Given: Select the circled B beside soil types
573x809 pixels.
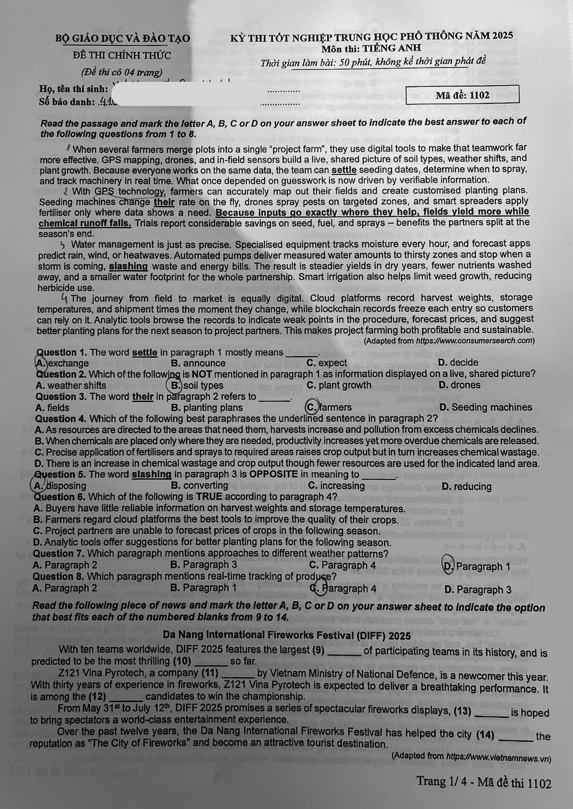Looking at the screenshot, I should [x=176, y=386].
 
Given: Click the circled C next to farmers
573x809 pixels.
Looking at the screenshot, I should [x=312, y=407].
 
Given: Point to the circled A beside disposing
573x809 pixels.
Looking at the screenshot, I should [x=39, y=486].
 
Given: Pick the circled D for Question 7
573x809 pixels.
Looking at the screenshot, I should [x=448, y=566].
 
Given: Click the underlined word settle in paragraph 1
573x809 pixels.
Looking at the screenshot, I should [x=344, y=170].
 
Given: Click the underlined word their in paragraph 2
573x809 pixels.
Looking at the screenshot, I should [x=164, y=202].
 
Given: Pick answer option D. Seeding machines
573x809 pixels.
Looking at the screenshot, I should [x=486, y=407].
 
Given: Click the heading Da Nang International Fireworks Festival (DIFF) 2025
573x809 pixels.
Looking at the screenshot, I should [x=287, y=635].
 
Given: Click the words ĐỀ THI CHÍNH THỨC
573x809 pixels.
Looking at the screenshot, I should [x=122, y=56].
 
